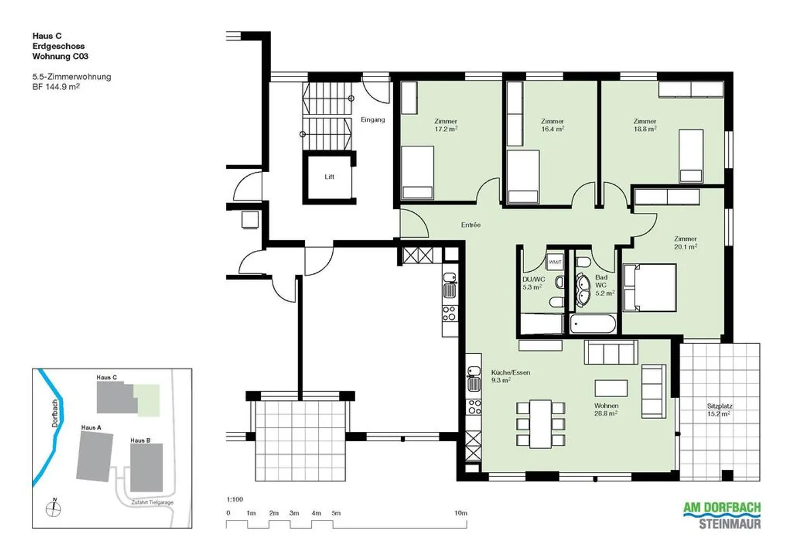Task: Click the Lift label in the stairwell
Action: [329, 177]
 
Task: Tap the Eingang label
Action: [372, 119]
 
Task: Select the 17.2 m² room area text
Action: [446, 129]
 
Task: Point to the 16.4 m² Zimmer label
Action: [552, 125]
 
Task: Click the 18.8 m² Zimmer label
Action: [645, 125]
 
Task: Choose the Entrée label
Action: [471, 225]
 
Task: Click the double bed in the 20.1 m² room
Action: [650, 287]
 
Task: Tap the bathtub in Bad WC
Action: [593, 324]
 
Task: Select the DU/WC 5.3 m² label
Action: [533, 283]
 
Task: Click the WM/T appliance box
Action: [555, 262]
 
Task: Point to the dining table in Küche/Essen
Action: [540, 424]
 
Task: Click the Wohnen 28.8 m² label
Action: [606, 409]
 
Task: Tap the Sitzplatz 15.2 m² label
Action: [719, 410]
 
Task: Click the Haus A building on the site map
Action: [94, 456]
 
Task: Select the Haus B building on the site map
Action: [146, 468]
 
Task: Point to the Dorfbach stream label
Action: [54, 413]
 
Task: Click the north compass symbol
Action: [54, 508]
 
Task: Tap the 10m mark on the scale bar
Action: [461, 513]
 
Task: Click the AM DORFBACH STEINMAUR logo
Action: [722, 515]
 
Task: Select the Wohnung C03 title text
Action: [61, 56]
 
